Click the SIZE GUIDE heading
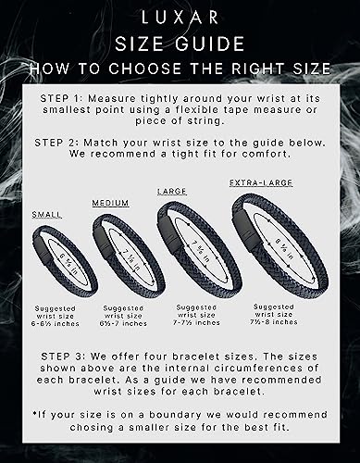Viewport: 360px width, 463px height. click(x=180, y=44)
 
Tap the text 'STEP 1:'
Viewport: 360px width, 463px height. click(x=66, y=98)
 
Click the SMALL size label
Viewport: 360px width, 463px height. click(x=47, y=214)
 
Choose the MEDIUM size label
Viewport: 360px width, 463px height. click(x=109, y=202)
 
